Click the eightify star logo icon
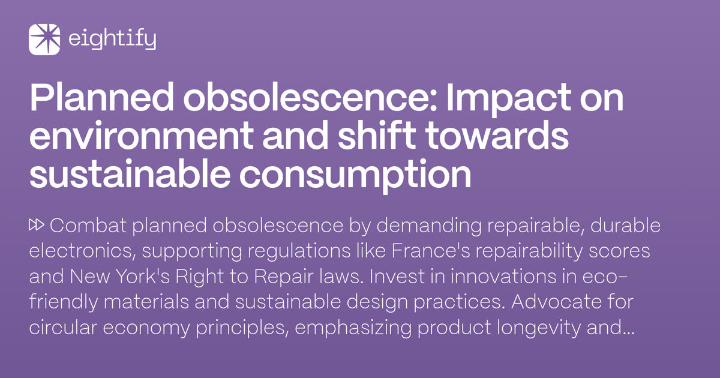tap(44, 40)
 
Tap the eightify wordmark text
tap(112, 40)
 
